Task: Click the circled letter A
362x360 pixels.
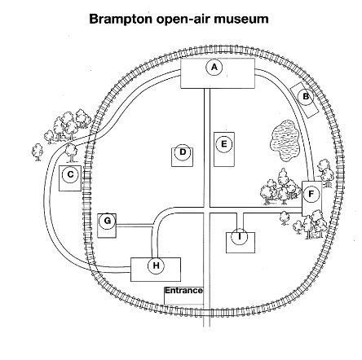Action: [x=214, y=68]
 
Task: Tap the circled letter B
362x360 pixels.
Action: [x=306, y=96]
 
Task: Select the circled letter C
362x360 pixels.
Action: [x=70, y=174]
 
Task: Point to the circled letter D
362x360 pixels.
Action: [x=183, y=152]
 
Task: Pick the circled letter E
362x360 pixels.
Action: [x=224, y=144]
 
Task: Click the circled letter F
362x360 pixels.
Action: [x=311, y=194]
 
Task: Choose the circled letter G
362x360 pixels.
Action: [x=108, y=221]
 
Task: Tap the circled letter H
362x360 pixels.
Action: [x=156, y=266]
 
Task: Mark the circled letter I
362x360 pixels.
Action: [x=240, y=236]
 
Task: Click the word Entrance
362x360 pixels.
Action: [x=183, y=291]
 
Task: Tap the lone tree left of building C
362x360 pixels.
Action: [x=38, y=152]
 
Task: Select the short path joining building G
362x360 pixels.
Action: [x=135, y=225]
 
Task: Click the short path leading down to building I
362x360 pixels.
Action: [x=240, y=222]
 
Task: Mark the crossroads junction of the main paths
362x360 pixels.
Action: [x=207, y=210]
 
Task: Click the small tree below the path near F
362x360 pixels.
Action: [x=285, y=218]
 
